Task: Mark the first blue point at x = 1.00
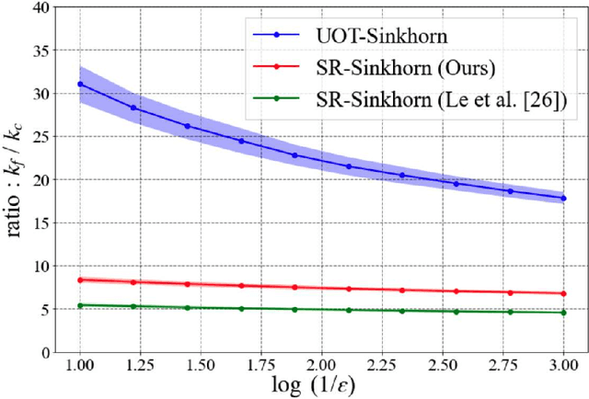click(x=80, y=84)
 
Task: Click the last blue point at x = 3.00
click(x=563, y=198)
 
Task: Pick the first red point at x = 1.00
click(x=80, y=279)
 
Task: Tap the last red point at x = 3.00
click(x=563, y=293)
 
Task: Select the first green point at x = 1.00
click(x=80, y=305)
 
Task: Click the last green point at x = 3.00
click(x=563, y=313)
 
